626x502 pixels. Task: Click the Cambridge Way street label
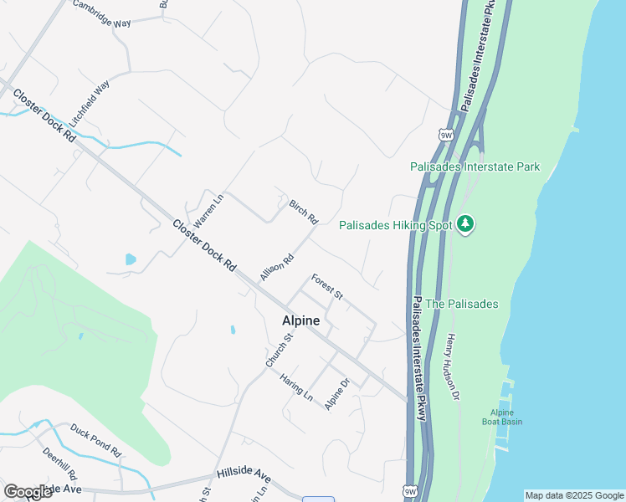tap(101, 14)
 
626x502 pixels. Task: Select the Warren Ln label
tap(209, 213)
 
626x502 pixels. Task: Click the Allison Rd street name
tap(276, 267)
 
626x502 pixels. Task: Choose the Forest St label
tap(326, 286)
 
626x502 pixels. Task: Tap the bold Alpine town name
tap(300, 320)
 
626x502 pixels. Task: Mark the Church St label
tap(280, 351)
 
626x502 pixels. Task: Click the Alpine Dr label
tap(336, 395)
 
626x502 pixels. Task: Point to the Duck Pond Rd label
tap(95, 440)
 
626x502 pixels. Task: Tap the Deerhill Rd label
tap(59, 462)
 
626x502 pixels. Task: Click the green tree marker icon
tap(466, 224)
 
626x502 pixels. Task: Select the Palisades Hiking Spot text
tap(395, 225)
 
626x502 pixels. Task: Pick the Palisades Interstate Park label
tap(475, 166)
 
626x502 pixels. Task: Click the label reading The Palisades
tap(462, 304)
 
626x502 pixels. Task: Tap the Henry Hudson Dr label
tap(453, 366)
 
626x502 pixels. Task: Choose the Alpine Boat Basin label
tap(506, 417)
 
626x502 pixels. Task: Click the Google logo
tap(28, 492)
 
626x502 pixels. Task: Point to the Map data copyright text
tap(574, 495)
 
